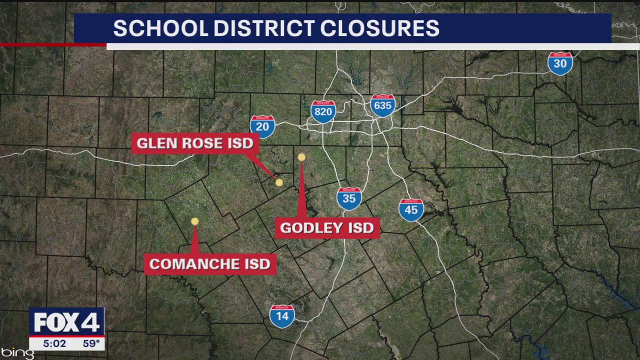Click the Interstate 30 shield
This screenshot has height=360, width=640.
(560, 63)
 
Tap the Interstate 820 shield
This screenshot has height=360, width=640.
(323, 111)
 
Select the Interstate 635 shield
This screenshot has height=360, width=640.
(383, 105)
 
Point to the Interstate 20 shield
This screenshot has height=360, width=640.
(262, 126)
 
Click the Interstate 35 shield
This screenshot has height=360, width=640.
(349, 198)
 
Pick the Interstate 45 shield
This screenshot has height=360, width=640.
(411, 210)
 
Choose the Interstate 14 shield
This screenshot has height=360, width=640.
(282, 316)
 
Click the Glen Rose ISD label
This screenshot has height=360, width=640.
(194, 143)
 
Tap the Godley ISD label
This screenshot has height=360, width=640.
(327, 228)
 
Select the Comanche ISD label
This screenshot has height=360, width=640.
(210, 264)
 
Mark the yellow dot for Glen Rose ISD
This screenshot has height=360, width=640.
(279, 182)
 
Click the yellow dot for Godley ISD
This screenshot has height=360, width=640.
(301, 157)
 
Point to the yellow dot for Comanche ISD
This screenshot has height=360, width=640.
(194, 221)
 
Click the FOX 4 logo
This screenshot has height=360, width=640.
(66, 322)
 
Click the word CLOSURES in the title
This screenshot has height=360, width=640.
(379, 28)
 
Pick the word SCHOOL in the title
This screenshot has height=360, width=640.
(160, 28)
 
